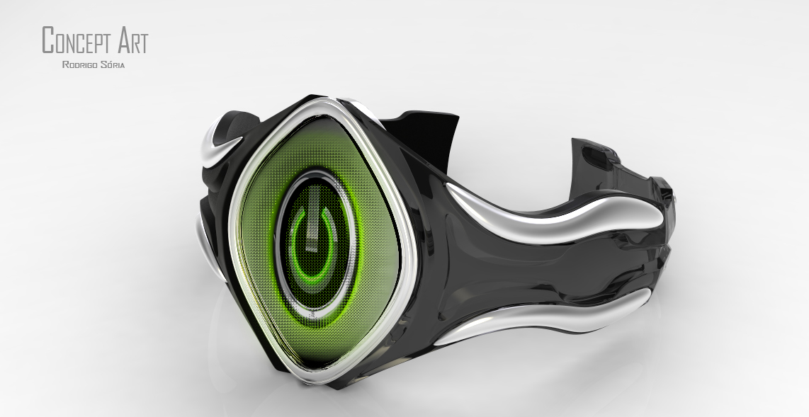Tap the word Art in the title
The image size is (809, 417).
[132, 40]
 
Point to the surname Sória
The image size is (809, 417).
[113, 65]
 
